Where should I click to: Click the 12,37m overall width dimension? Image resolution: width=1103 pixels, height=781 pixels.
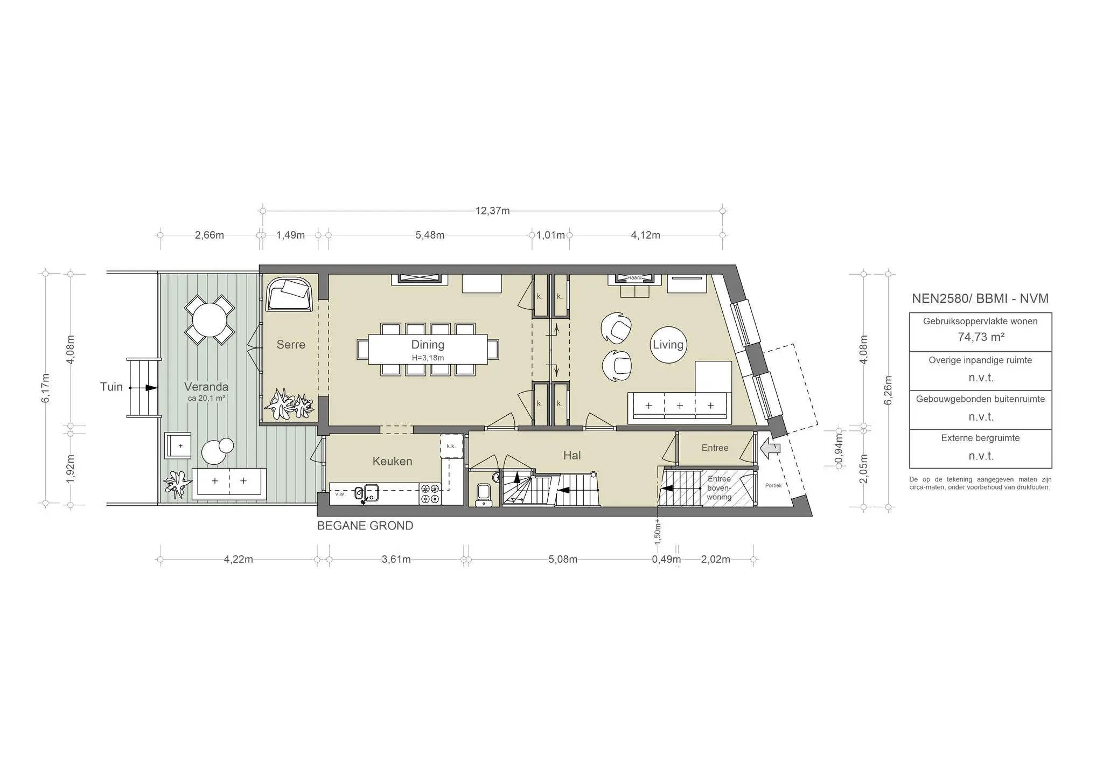[492, 211]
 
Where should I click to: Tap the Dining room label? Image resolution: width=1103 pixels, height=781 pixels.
[428, 345]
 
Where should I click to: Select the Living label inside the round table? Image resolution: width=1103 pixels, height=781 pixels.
[668, 345]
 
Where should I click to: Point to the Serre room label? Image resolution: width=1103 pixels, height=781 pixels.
[291, 345]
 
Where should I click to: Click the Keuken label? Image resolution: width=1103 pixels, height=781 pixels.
[392, 461]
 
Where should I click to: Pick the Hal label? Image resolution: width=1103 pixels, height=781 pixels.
[571, 456]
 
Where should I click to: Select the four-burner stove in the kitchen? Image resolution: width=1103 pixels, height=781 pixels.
[430, 494]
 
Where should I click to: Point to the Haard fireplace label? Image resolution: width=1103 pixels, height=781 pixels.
[635, 278]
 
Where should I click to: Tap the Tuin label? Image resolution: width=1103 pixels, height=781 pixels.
[111, 387]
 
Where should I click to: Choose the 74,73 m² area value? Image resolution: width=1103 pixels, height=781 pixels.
[980, 337]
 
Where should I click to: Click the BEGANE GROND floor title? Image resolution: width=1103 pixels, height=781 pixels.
[365, 526]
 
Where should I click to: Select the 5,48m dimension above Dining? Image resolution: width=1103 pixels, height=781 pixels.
[430, 235]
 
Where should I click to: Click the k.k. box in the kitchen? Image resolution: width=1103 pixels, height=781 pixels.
[451, 446]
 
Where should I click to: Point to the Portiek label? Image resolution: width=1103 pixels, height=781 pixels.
[773, 485]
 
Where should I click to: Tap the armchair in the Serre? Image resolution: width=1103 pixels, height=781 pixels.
[290, 295]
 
